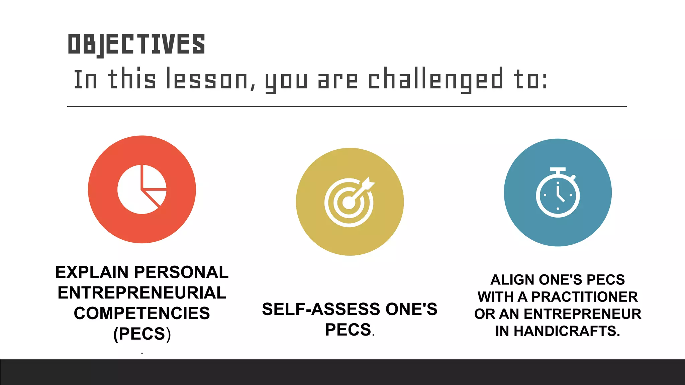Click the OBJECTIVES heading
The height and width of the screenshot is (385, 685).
(x=136, y=44)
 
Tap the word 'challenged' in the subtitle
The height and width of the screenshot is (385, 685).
(x=435, y=79)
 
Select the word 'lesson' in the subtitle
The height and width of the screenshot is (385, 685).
(x=207, y=79)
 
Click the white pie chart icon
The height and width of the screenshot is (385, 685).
(x=142, y=189)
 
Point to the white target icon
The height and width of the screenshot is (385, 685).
(x=349, y=203)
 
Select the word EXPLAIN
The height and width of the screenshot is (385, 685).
(x=92, y=272)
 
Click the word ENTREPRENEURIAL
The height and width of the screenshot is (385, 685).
(x=142, y=293)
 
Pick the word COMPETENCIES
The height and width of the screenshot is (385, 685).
(x=142, y=313)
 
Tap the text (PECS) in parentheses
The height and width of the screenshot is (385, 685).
(x=142, y=334)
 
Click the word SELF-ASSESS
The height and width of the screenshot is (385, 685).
(x=321, y=309)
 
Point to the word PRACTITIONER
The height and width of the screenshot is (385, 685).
(x=584, y=297)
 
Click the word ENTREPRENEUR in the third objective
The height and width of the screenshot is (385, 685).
(x=582, y=314)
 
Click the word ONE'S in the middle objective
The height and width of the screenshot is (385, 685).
(x=411, y=309)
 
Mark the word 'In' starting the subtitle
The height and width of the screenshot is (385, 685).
(x=86, y=80)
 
